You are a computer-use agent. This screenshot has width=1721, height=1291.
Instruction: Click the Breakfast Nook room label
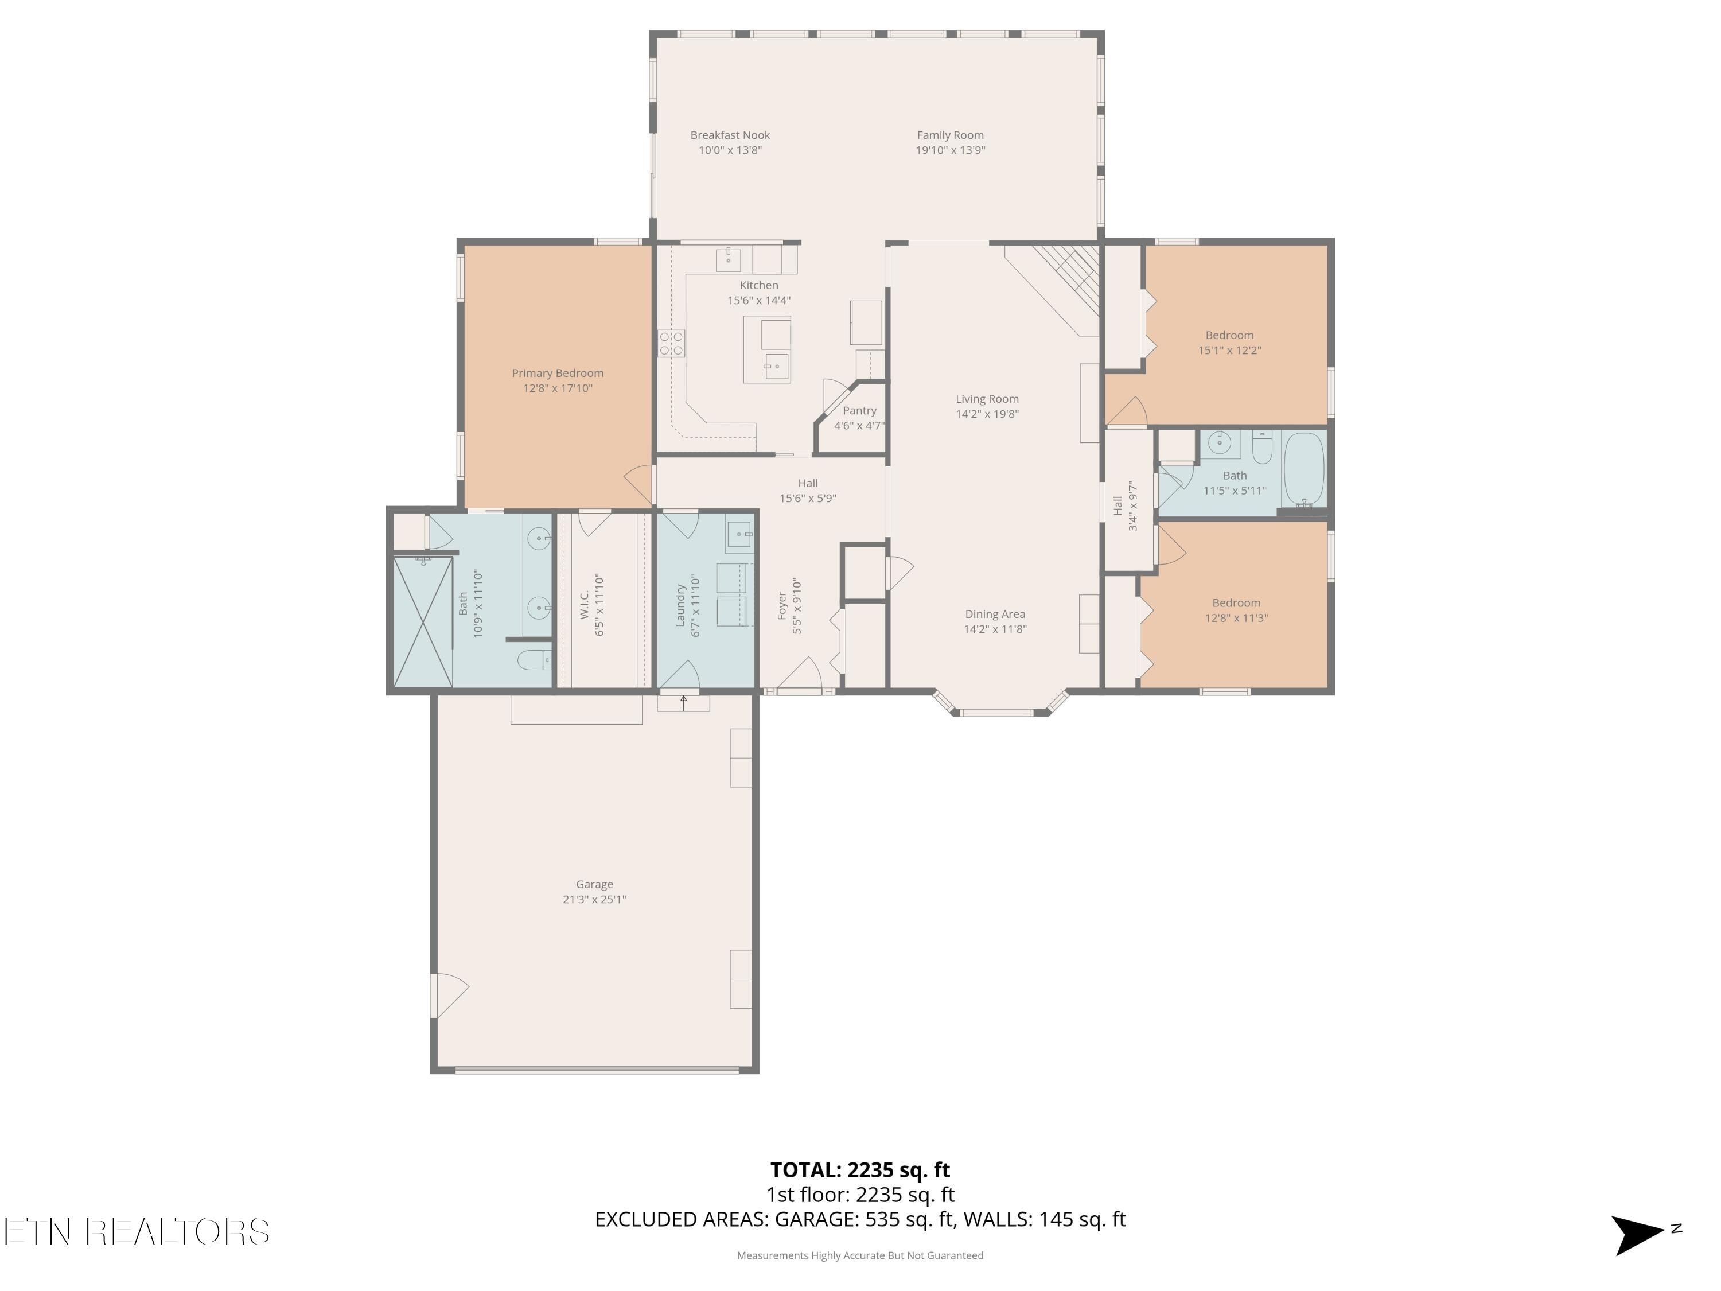[730, 135]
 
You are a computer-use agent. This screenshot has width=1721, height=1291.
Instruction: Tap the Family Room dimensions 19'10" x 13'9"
[950, 150]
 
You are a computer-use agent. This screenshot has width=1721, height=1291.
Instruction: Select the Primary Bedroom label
[557, 373]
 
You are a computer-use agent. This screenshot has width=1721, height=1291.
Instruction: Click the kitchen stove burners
[671, 343]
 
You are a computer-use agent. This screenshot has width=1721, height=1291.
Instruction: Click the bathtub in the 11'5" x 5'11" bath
[1303, 469]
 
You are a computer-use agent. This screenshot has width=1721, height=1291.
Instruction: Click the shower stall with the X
[422, 622]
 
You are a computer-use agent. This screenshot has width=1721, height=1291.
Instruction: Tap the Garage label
[594, 884]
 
